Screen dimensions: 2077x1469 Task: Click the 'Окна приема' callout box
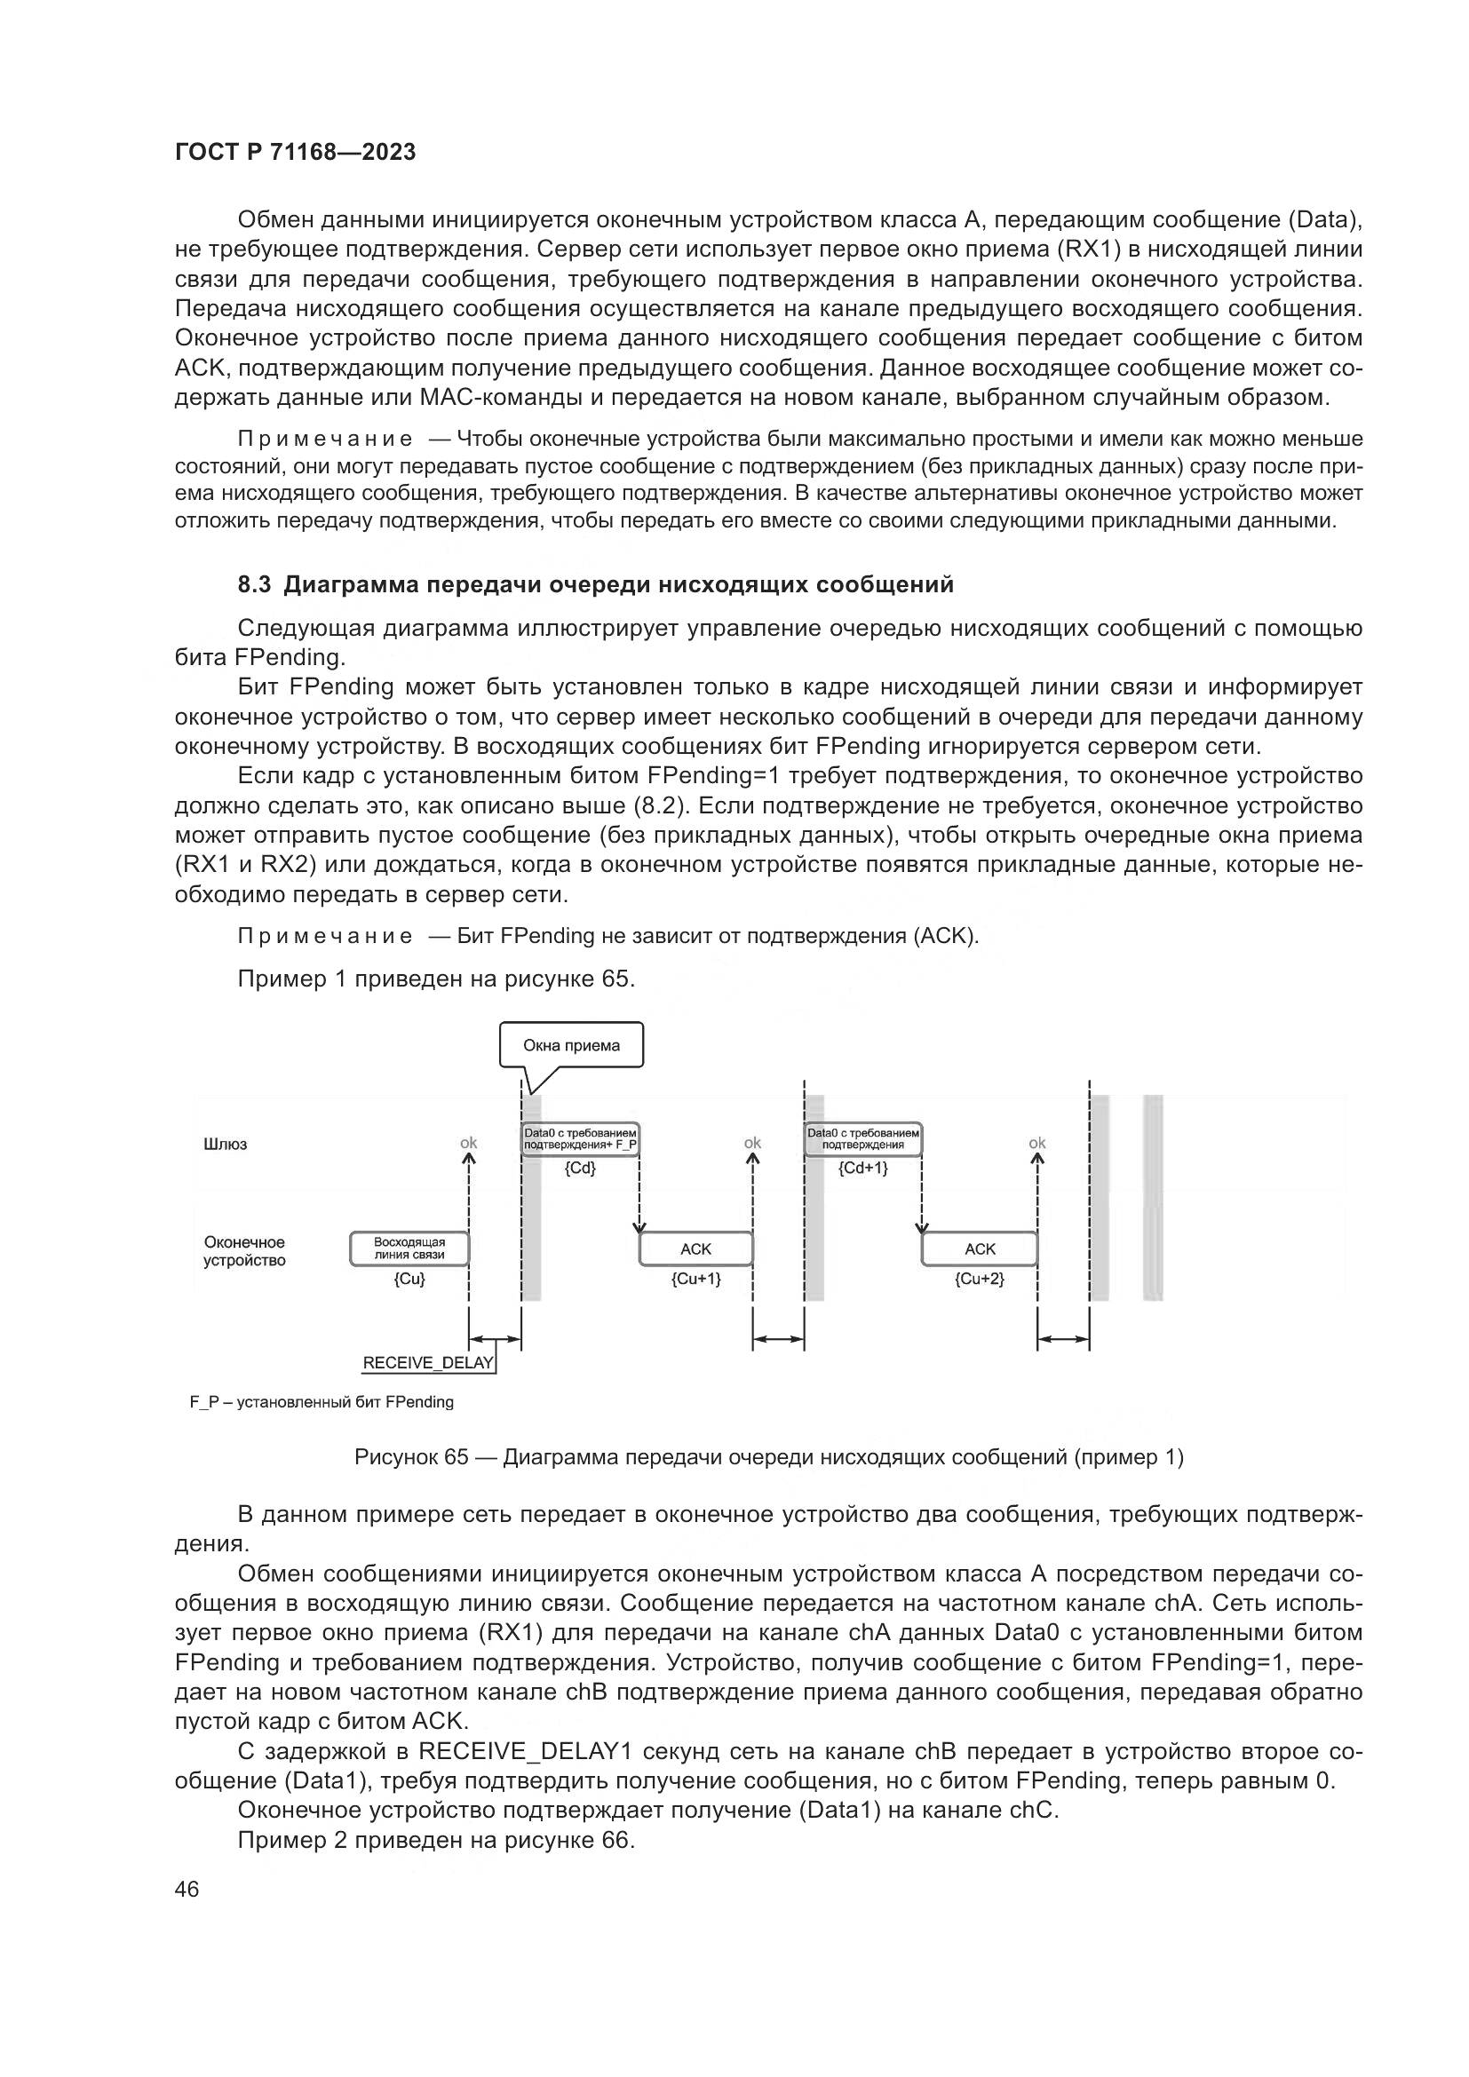pos(572,1046)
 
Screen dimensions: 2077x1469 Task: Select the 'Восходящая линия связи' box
pos(409,1249)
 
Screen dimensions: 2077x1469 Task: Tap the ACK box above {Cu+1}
pos(695,1249)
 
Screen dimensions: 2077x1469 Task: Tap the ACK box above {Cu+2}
pos(980,1249)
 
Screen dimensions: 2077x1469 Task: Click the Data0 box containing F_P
pos(581,1139)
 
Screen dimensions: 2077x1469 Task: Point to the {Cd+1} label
pos(863,1168)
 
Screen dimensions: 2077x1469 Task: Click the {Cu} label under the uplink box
pos(409,1279)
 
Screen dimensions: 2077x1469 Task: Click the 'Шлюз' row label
pos(226,1145)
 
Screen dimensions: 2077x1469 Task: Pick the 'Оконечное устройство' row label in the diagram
pos(244,1251)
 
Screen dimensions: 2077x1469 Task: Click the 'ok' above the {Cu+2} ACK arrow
pos(1036,1143)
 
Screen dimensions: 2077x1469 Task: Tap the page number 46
pos(187,1890)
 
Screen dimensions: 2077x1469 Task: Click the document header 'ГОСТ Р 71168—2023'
pos(295,152)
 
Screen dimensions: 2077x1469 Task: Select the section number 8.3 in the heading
pos(254,584)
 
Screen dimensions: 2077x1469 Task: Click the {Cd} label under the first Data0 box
pos(580,1168)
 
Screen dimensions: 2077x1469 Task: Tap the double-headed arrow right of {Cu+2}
pos(1063,1339)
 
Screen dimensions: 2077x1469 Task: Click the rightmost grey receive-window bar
pos(1153,1198)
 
